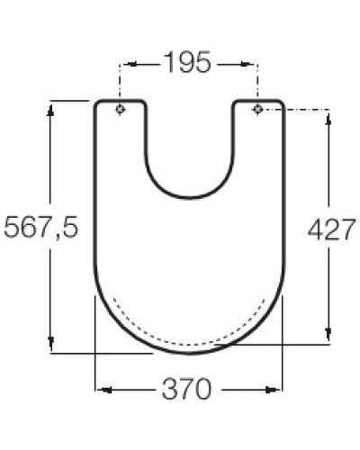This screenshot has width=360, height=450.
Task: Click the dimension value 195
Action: pyautogui.click(x=189, y=63)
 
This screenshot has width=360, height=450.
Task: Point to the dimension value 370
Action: pyautogui.click(x=189, y=390)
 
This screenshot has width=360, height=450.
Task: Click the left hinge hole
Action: pyautogui.click(x=121, y=110)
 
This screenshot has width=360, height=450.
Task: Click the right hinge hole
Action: pyautogui.click(x=257, y=110)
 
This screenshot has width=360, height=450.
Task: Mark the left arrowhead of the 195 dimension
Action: pyautogui.click(x=125, y=64)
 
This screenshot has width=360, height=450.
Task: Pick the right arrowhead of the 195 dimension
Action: pyautogui.click(x=253, y=64)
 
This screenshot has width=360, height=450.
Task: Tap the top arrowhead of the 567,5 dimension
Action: pyautogui.click(x=51, y=107)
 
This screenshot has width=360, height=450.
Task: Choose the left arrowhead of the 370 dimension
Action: pyautogui.click(x=100, y=390)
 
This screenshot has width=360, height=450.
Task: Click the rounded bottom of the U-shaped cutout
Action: pyautogui.click(x=189, y=196)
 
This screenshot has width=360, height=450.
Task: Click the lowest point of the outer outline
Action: pyautogui.click(x=189, y=354)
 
